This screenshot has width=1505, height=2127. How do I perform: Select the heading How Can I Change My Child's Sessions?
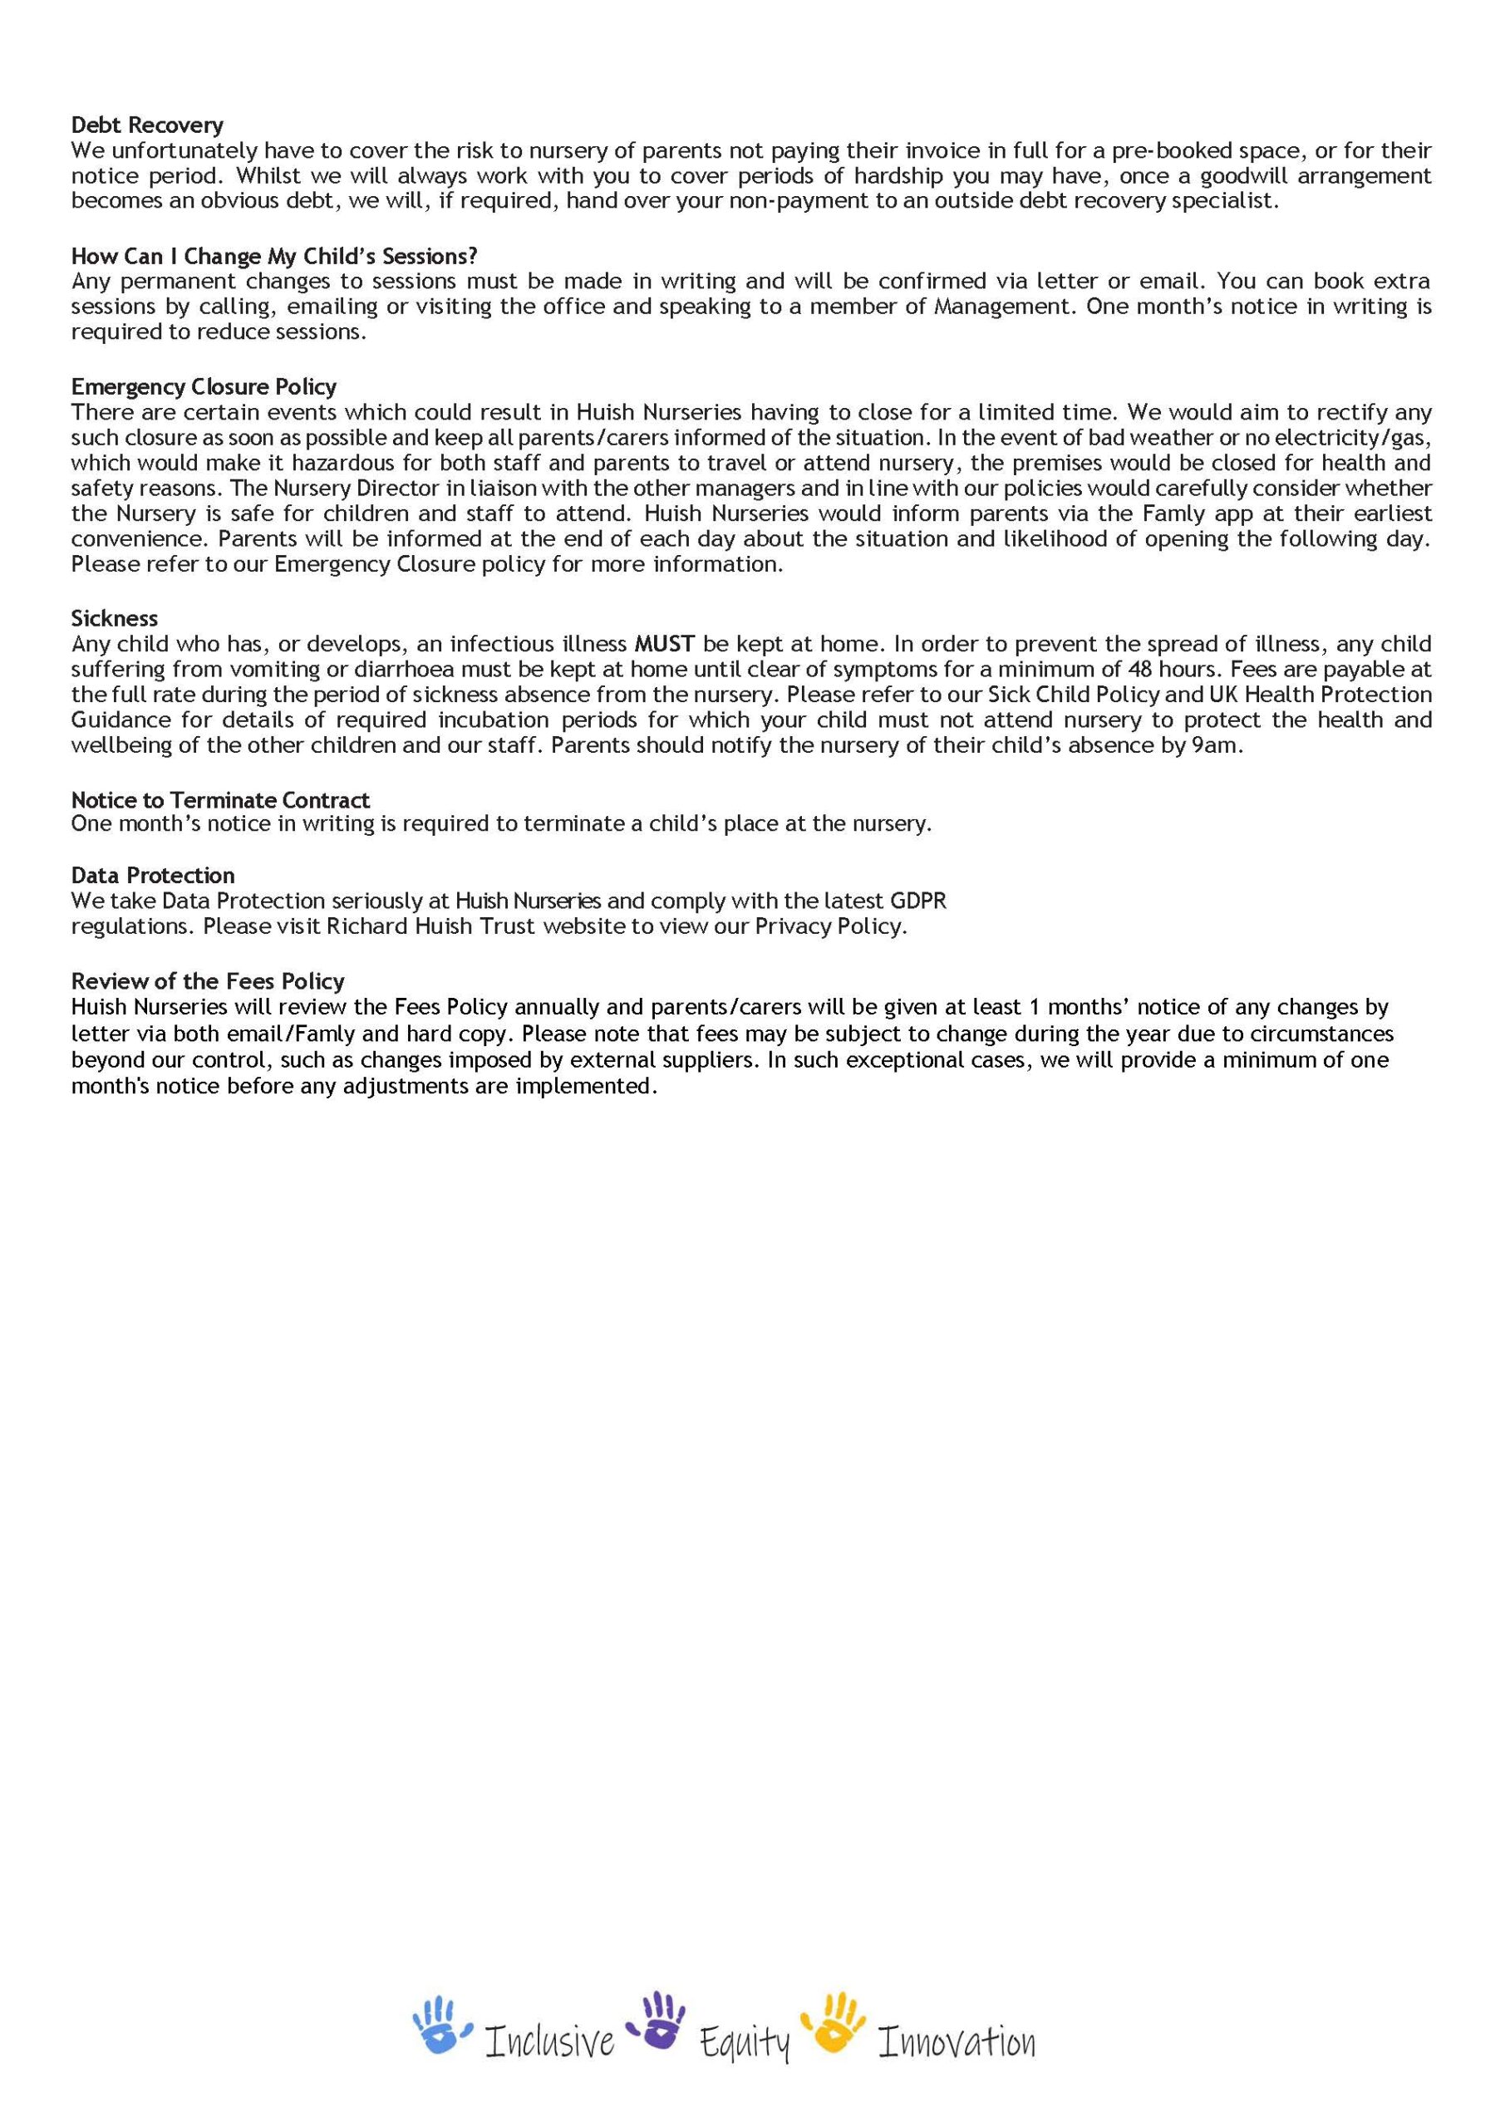(x=274, y=256)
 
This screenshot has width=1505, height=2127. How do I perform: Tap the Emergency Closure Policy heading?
(x=204, y=386)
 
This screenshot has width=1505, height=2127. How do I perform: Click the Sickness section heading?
(x=115, y=618)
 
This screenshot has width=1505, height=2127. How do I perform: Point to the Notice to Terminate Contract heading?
(x=220, y=799)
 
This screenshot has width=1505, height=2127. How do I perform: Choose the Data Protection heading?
(x=153, y=876)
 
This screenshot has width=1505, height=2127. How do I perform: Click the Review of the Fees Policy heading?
(x=208, y=981)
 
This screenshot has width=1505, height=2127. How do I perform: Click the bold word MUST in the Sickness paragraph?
(x=665, y=644)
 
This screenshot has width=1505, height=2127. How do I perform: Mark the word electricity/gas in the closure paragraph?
(x=1360, y=437)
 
